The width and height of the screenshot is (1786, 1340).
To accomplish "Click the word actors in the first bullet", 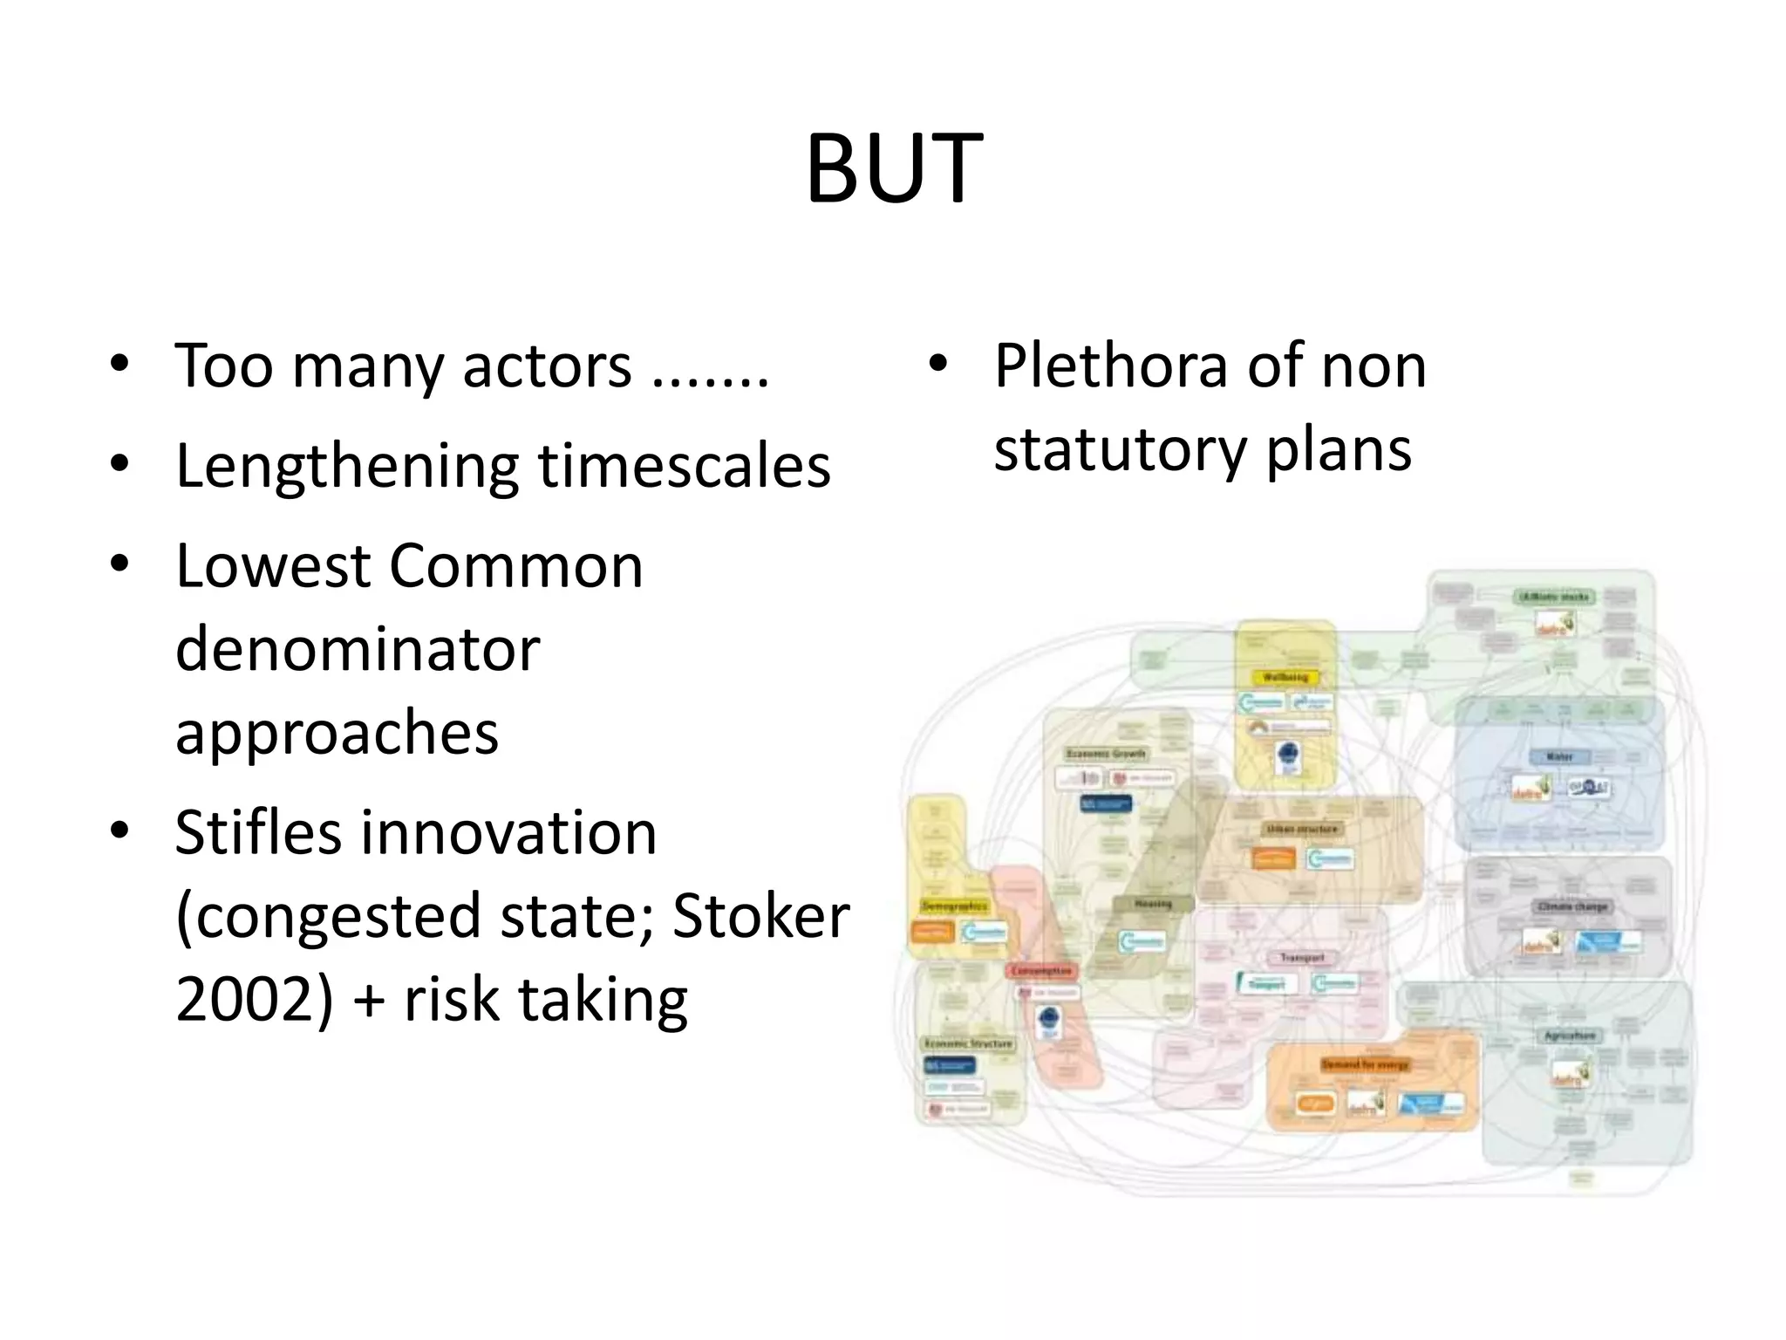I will tap(547, 366).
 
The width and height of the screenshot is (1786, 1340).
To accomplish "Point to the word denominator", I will tap(358, 650).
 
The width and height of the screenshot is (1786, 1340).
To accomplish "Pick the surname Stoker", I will tap(760, 916).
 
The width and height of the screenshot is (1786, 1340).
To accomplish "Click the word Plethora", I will tap(1110, 366).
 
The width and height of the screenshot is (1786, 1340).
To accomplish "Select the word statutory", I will tap(1120, 450).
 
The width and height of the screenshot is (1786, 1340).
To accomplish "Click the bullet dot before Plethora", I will tap(937, 364).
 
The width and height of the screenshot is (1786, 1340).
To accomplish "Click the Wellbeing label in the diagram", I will tap(1285, 677).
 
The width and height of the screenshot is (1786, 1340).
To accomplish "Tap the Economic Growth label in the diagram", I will tap(1106, 753).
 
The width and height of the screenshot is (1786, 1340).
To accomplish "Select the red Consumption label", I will tap(1041, 971).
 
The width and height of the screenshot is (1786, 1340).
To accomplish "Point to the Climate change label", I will tap(1572, 906).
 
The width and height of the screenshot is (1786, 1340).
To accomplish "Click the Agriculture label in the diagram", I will tap(1570, 1036).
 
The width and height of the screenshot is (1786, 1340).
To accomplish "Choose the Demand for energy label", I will tap(1365, 1065).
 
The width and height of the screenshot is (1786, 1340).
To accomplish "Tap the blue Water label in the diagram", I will tap(1559, 757).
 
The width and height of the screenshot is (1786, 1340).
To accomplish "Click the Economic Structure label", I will tap(968, 1043).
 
